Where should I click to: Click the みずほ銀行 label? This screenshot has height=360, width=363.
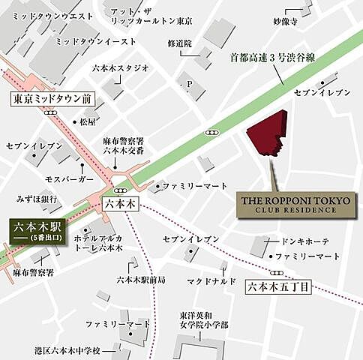(x=37, y=199)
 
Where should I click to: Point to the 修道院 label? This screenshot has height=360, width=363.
(x=180, y=44)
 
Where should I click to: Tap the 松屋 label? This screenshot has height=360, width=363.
(x=88, y=121)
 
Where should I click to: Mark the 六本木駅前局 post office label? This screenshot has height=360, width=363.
(x=141, y=279)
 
